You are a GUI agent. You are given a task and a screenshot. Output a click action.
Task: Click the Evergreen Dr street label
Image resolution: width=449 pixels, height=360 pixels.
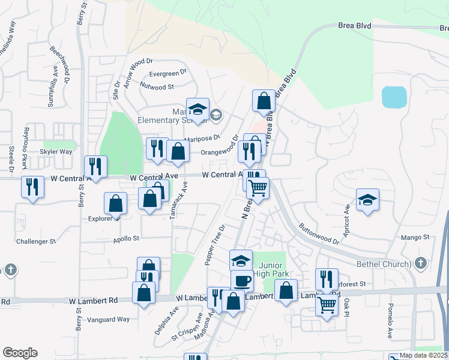168,74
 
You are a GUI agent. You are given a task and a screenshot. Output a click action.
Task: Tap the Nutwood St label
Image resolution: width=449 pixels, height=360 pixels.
158,86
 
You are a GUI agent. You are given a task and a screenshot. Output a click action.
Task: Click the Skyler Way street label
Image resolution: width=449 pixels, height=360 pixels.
56,152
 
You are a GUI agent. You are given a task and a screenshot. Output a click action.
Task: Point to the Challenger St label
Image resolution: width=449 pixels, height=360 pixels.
36,241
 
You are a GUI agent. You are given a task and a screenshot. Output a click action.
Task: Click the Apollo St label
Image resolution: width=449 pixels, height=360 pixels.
127,238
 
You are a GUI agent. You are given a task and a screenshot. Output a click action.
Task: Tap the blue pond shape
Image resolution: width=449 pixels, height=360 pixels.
394,96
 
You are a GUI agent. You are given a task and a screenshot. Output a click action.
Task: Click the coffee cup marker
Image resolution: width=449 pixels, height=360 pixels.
242,280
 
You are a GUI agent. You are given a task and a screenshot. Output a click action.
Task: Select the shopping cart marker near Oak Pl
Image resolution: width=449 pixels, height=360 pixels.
327,305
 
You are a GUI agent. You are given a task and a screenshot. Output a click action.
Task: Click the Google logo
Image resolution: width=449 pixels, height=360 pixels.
20,353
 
